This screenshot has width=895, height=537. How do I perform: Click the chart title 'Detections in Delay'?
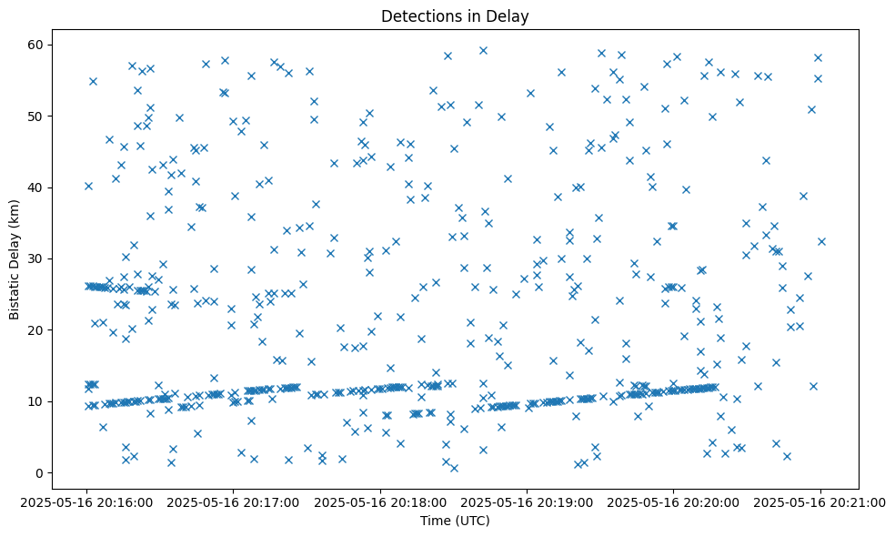(x=455, y=16)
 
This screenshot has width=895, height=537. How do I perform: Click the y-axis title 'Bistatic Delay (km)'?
(x=15, y=247)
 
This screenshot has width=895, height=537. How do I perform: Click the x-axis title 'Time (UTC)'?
(x=455, y=521)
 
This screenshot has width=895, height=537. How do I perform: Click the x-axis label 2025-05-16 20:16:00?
(x=87, y=502)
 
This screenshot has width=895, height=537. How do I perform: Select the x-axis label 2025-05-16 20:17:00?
(x=234, y=502)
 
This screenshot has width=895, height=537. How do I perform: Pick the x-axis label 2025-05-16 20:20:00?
(x=673, y=502)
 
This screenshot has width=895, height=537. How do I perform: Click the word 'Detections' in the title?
(x=418, y=16)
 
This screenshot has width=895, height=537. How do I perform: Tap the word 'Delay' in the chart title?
(x=511, y=16)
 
